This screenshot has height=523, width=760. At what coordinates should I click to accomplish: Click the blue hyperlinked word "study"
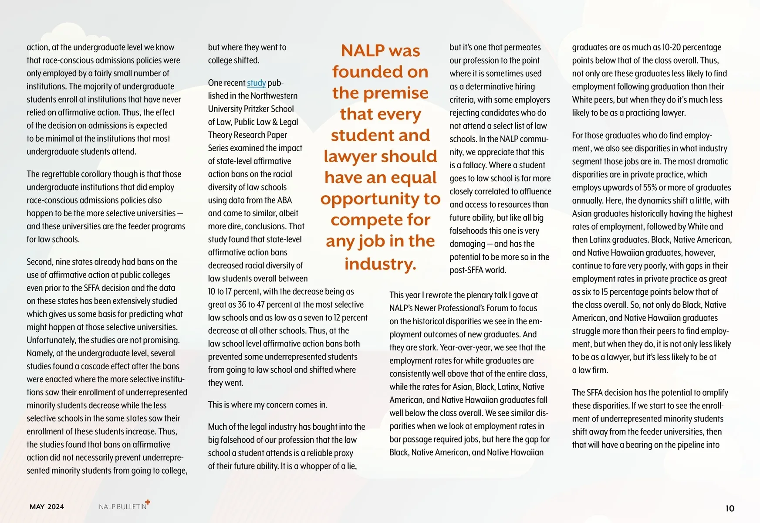coord(256,83)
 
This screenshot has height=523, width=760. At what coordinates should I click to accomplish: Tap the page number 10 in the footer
coord(730,508)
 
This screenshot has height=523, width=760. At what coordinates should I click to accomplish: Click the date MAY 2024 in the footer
coord(47,506)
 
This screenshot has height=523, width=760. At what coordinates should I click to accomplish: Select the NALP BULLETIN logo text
coord(122,506)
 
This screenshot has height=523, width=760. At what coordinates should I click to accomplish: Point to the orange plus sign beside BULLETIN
coord(148,502)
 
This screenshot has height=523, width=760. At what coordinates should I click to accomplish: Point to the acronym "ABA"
coord(284,200)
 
